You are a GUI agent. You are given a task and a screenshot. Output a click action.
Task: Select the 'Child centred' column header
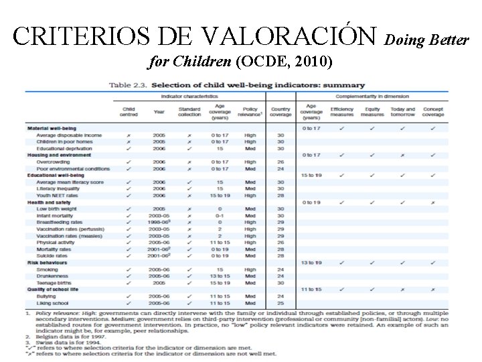(x=129, y=111)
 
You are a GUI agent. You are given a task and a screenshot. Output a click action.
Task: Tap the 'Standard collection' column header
(x=189, y=111)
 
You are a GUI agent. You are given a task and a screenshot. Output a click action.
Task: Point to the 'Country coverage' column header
(x=280, y=111)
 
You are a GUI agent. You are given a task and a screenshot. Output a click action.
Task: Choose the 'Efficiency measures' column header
(x=342, y=111)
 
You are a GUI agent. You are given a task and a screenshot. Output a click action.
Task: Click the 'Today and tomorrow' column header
(x=402, y=111)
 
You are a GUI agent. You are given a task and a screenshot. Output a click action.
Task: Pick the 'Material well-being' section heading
(x=52, y=128)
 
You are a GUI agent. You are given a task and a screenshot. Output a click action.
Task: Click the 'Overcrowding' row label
(x=53, y=162)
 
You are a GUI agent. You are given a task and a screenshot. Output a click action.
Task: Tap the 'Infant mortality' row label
(x=55, y=215)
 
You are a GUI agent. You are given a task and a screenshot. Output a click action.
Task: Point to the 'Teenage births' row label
(x=56, y=282)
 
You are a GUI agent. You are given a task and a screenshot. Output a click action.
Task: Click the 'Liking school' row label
(x=54, y=302)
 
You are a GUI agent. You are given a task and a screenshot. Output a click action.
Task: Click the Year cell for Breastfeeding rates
(x=159, y=222)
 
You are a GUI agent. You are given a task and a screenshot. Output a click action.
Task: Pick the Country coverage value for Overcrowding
(x=280, y=162)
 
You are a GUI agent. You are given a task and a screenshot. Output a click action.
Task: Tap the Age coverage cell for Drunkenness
(x=220, y=276)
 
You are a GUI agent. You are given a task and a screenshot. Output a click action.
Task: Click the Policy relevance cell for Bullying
(x=250, y=296)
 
